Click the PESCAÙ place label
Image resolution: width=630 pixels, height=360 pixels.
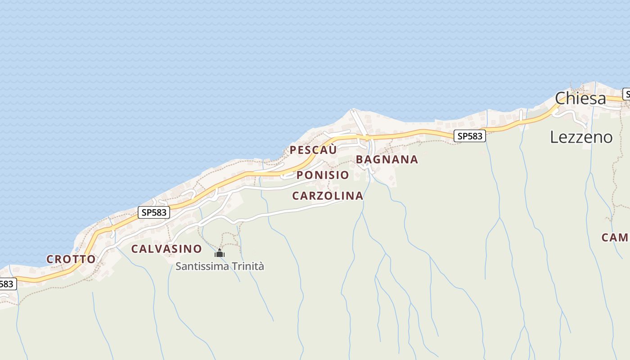point(313,150)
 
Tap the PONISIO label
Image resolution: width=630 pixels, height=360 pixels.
point(323,175)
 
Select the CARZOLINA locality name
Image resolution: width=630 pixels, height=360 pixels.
point(328,196)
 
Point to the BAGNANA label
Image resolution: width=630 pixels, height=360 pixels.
point(387,159)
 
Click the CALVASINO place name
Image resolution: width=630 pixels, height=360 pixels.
point(166,249)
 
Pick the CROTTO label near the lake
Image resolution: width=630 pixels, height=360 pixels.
point(71,259)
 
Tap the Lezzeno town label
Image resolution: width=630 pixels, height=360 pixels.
point(581,137)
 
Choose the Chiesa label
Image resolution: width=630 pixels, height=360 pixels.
point(580,99)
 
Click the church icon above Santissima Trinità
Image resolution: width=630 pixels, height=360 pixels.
point(220,253)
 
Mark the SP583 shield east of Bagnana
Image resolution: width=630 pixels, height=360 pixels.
point(470,136)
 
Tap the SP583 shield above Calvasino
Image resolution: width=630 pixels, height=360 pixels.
point(154,212)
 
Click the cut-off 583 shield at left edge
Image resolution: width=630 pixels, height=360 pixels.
point(8,284)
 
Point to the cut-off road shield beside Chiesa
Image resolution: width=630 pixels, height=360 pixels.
point(626,94)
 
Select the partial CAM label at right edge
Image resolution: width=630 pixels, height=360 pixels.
point(615,237)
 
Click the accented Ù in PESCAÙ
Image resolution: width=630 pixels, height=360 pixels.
point(331,150)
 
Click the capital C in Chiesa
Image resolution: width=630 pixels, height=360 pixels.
point(561,99)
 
